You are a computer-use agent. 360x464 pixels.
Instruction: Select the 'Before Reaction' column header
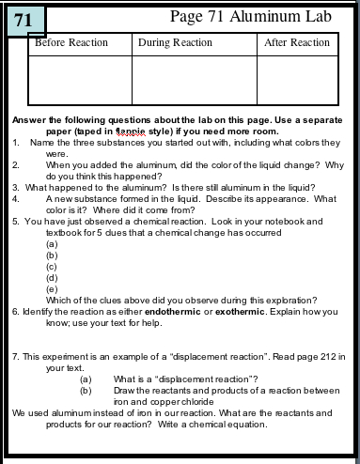[70, 43]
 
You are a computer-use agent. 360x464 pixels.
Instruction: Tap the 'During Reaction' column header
[175, 43]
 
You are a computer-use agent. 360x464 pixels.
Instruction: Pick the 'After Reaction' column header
[297, 43]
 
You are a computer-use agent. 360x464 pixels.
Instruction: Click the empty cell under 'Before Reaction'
[81, 79]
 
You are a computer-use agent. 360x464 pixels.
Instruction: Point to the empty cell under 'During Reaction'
[195, 79]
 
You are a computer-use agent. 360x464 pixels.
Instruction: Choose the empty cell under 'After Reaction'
[296, 79]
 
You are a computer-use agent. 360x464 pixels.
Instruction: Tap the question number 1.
[16, 143]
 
